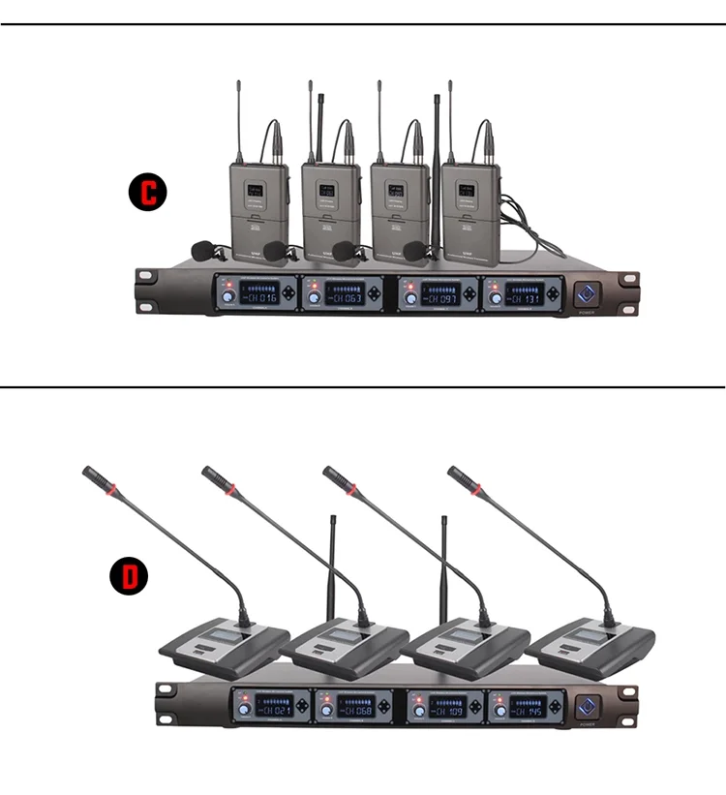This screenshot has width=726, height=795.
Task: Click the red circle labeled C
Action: (x=148, y=191)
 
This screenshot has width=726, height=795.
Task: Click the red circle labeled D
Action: (x=129, y=575)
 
